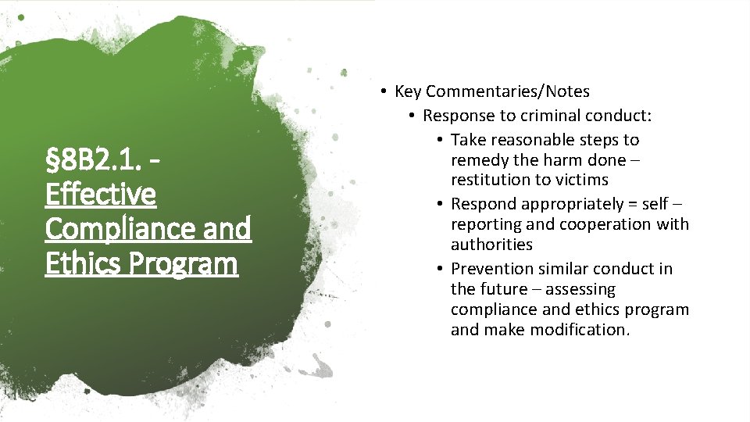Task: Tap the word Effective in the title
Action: click(101, 194)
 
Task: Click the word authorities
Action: click(491, 245)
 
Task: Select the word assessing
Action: click(580, 289)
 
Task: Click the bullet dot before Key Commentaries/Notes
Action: click(384, 91)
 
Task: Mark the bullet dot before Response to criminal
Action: click(412, 116)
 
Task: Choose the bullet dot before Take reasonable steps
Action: click(441, 140)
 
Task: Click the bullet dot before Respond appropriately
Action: click(441, 204)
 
